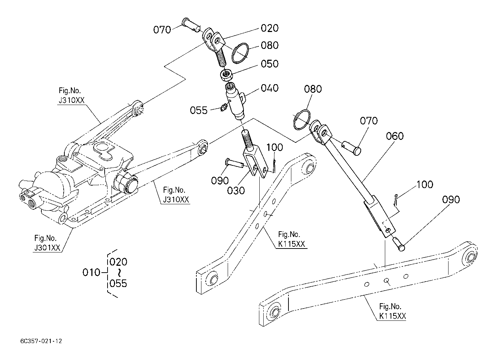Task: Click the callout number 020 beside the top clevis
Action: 269,28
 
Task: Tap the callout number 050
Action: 269,64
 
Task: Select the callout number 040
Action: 269,88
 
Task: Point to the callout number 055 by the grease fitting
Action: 199,110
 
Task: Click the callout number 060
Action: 395,136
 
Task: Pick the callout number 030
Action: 236,191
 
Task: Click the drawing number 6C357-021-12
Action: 41,341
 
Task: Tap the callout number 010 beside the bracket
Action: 91,273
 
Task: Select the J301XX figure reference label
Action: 47,248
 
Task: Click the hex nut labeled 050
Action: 226,75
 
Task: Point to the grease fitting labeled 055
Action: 223,108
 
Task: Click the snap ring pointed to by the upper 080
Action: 240,53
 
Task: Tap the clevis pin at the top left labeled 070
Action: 191,25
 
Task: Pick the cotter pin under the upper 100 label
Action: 274,165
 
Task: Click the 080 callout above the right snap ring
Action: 313,89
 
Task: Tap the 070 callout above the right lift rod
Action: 369,121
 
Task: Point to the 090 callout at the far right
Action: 451,200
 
